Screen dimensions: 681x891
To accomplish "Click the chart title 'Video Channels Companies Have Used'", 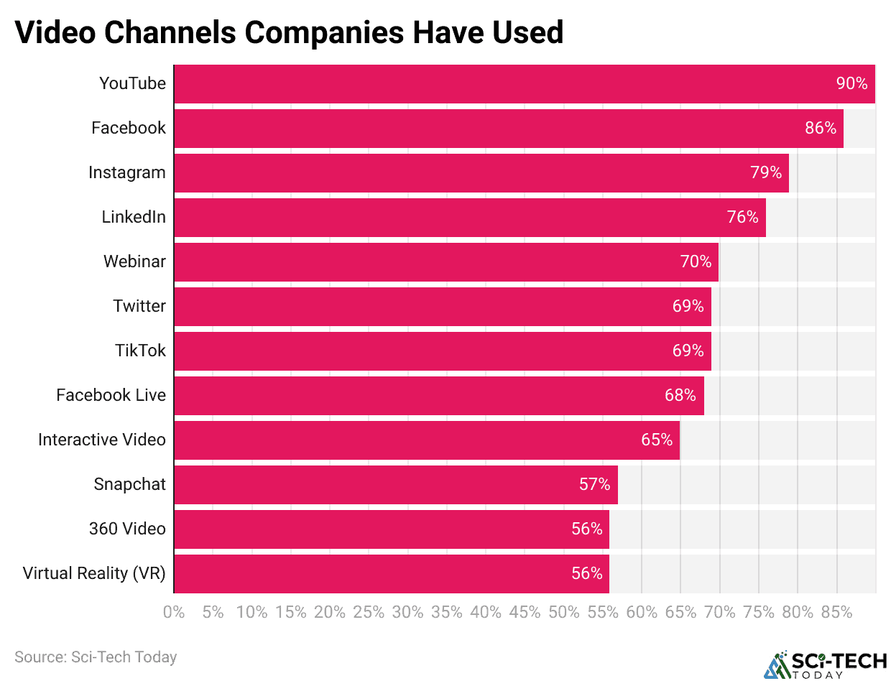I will (289, 32).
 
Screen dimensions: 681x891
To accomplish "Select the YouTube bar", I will (503, 84).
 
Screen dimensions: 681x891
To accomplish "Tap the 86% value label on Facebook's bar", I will (821, 129).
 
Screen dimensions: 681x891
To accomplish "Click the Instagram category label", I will (127, 173).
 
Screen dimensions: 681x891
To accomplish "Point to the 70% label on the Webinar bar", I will (696, 262).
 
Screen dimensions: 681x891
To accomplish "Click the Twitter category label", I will (139, 307).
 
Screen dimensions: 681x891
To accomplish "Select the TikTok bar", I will (442, 351).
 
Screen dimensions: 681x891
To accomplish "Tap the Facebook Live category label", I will (111, 396).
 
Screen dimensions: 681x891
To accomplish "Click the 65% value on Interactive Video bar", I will (657, 440).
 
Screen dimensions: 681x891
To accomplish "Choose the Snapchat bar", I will (395, 485).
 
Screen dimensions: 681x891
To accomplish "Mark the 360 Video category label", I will (127, 529).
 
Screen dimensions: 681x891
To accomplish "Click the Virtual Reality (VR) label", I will (94, 574).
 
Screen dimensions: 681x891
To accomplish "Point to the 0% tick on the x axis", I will (174, 613).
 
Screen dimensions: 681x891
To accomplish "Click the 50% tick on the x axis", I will (564, 613).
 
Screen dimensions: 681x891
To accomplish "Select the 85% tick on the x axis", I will (836, 613).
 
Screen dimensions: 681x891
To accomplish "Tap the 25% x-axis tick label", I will (369, 613).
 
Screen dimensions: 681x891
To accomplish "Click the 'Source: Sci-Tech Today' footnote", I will (96, 657).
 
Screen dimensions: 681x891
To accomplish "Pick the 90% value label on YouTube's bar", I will (851, 84).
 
